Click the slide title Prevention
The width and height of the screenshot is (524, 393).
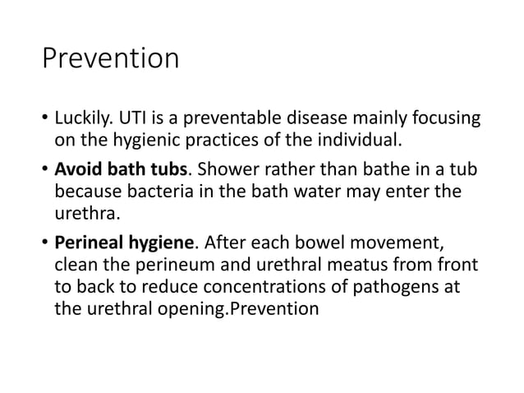tap(110, 59)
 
